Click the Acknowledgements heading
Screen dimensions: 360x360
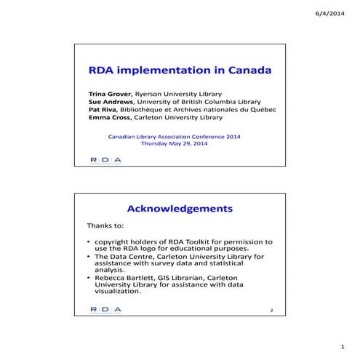pos(180,209)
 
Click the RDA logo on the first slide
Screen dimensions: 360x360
pos(105,159)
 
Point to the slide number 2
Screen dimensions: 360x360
pos(271,311)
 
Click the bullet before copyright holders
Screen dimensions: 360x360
pos(89,241)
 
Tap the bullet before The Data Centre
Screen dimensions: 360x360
pos(89,257)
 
